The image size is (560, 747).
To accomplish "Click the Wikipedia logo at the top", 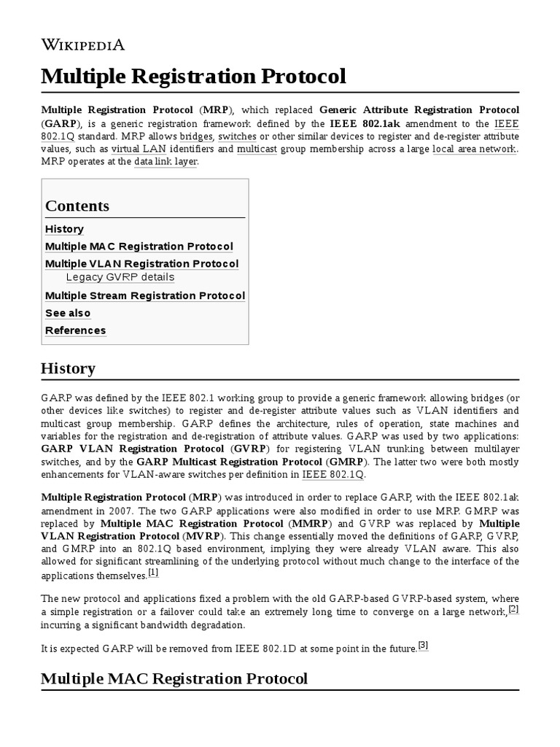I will point(82,45).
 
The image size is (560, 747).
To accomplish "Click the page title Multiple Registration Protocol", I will point(193,76).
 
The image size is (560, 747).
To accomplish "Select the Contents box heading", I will point(77,206).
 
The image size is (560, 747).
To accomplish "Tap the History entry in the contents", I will point(64,229).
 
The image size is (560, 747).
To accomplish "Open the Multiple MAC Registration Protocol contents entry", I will point(139,247).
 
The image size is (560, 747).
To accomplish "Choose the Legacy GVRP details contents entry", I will point(120,277).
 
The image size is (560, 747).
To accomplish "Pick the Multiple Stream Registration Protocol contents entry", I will point(145,295).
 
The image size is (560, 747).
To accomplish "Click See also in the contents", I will point(68,313).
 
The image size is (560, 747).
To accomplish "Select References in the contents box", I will point(75,330).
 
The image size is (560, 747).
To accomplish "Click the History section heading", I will point(68,368).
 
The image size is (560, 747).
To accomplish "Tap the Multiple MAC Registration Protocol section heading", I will point(174,678).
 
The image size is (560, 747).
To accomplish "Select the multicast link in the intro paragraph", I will point(256,149).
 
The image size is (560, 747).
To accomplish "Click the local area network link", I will point(474,149).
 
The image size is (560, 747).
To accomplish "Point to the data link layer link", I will point(166,161).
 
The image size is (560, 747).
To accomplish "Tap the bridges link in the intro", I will point(196,136).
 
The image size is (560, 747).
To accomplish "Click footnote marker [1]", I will point(153,573).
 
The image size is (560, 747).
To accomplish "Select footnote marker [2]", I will point(513,608).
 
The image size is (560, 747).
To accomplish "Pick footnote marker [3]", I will point(423,644).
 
